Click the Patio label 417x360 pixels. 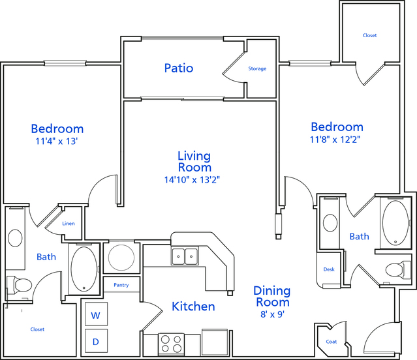point(179,68)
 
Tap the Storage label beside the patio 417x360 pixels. point(257,68)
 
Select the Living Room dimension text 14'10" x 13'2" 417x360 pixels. point(192,180)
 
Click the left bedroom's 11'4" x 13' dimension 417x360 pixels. point(57,141)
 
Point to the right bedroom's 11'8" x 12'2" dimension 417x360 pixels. point(335,139)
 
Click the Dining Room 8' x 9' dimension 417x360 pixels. point(273,314)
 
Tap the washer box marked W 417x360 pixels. point(97,314)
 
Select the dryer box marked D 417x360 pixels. point(97,341)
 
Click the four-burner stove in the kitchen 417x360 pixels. point(171,344)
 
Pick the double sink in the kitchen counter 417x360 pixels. point(185,256)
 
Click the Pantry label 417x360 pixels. point(121,285)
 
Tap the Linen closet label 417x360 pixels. point(69,224)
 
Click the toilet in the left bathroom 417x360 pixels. point(20,285)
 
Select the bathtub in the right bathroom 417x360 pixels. point(395,223)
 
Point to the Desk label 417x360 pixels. point(329,269)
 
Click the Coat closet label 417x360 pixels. point(332,342)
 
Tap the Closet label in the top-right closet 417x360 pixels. point(369,35)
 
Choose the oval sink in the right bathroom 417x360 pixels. point(330,222)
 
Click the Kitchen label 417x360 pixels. point(193,307)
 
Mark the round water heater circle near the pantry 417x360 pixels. point(121,258)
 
